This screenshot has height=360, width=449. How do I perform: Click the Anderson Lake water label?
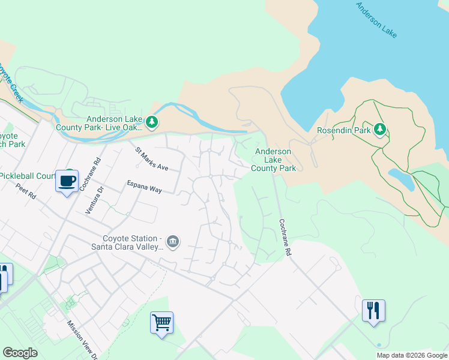(x=376, y=20)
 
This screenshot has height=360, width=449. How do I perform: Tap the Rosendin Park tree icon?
(x=379, y=129)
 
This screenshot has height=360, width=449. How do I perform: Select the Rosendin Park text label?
(x=343, y=130)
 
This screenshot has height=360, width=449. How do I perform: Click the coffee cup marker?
(x=67, y=181)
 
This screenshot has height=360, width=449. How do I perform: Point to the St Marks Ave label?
(x=152, y=159)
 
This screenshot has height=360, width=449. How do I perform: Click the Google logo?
(x=20, y=353)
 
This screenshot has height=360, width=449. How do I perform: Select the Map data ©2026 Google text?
(x=412, y=355)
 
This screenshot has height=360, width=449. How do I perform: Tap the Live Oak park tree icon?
(x=152, y=123)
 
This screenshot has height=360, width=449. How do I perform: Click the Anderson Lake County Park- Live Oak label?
(x=99, y=123)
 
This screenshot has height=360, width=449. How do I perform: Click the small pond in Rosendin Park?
(x=400, y=178)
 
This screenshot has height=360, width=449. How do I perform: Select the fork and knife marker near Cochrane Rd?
(x=373, y=310)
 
